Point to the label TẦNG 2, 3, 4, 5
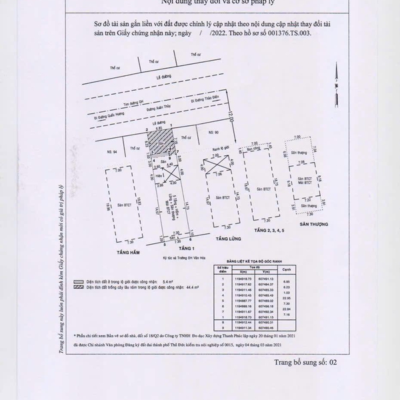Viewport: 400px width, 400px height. pyautogui.click(x=269, y=230)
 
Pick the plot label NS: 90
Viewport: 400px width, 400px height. pyautogui.click(x=213, y=133)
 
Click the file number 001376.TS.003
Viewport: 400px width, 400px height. pyautogui.click(x=298, y=31)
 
